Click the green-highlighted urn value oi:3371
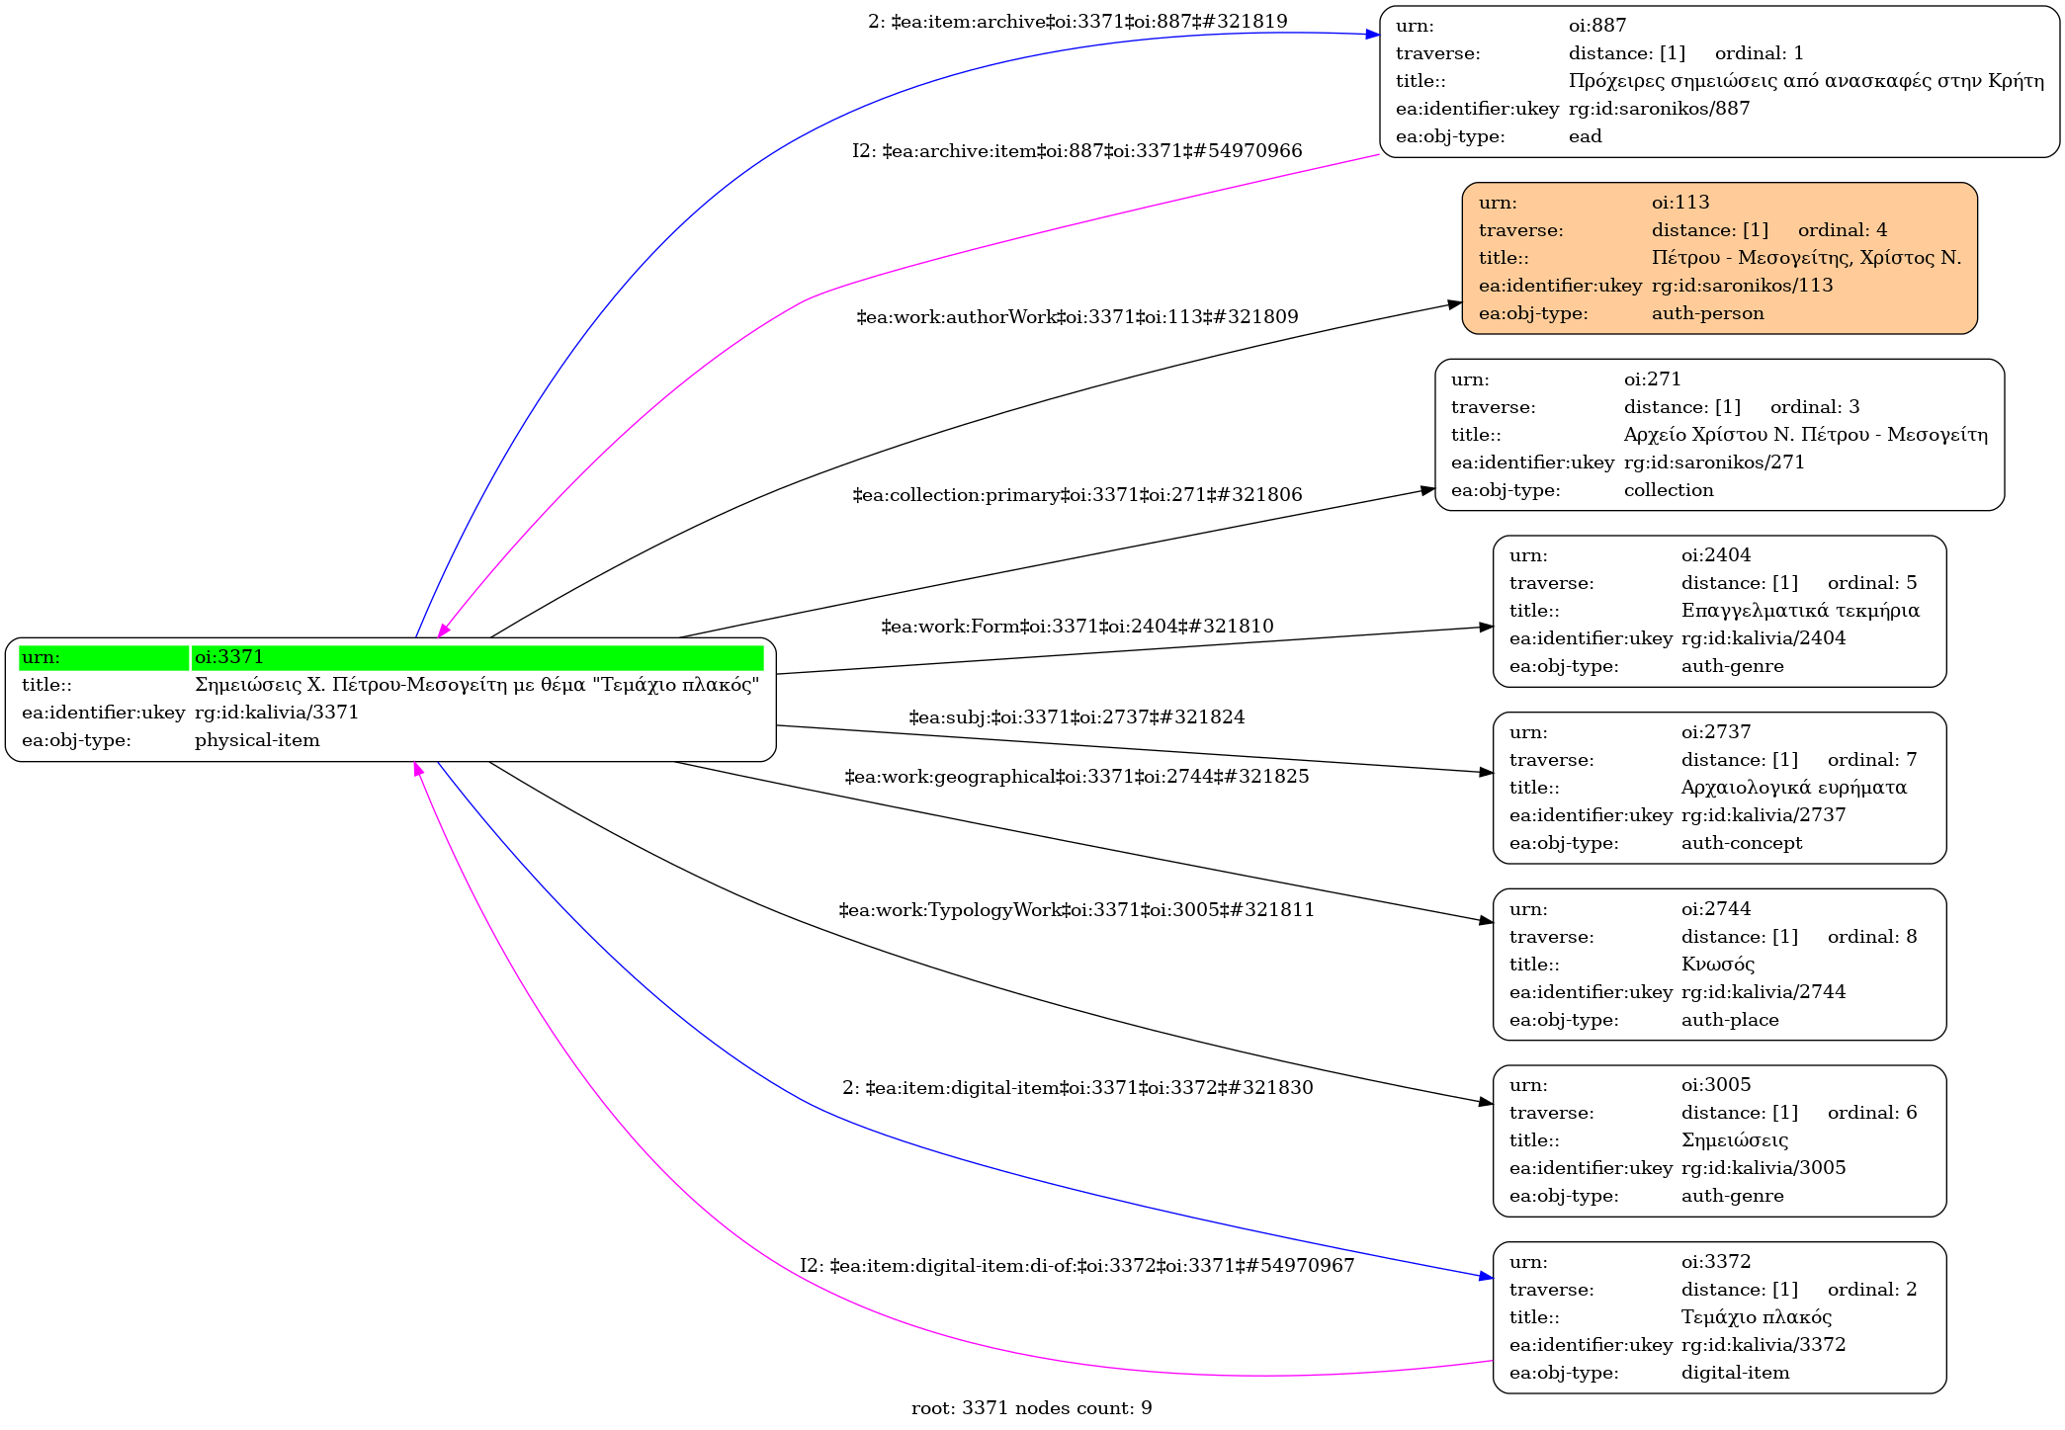229,657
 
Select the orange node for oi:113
1719,258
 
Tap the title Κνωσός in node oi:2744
1717,965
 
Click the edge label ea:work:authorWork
1076,317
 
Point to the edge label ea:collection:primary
1076,495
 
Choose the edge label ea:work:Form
1076,627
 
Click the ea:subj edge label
1076,717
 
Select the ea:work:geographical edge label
1076,777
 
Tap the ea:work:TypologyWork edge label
1076,910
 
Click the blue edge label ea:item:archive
1076,22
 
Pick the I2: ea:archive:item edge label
1076,151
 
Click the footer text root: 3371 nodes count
1031,1408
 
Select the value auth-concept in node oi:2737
1741,843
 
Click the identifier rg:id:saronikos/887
1659,109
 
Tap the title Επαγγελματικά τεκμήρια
1799,611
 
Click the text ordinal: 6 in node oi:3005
1871,1113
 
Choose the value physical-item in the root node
257,740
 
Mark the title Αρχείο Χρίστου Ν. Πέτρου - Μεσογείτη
1805,435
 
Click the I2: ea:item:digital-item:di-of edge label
1076,1266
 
